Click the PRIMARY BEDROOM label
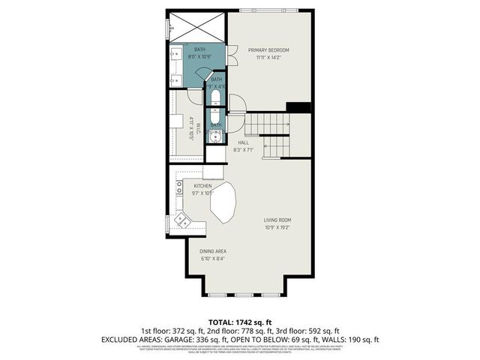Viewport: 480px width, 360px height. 268,50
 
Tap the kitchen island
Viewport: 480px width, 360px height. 224,202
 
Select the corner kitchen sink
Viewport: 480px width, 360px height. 182,220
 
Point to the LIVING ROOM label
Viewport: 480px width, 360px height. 277,220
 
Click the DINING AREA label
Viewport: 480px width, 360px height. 213,251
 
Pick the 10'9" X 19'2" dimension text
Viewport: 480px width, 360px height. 277,227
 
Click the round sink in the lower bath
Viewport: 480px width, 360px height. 216,136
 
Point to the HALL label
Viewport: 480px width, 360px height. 243,142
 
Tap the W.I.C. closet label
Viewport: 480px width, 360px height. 192,128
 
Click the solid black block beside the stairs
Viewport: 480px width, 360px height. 299,107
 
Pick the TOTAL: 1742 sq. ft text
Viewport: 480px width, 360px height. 240,322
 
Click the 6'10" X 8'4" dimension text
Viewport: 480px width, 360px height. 213,259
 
